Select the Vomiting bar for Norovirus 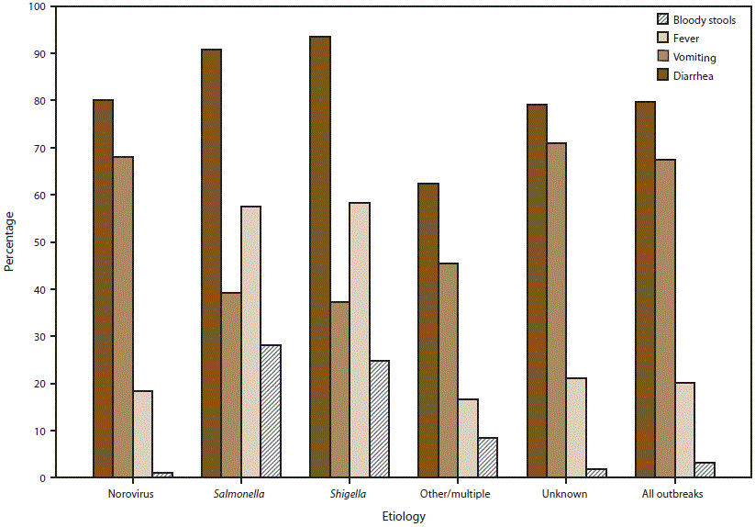[x=123, y=317]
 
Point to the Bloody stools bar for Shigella [x=379, y=419]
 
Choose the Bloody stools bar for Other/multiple [x=487, y=457]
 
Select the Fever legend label [x=686, y=39]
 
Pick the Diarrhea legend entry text [x=694, y=76]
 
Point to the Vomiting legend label [x=694, y=57]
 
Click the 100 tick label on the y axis [x=36, y=6]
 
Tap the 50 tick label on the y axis [x=39, y=242]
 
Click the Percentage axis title [x=9, y=241]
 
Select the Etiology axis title [x=404, y=517]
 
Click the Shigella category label [x=350, y=494]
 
